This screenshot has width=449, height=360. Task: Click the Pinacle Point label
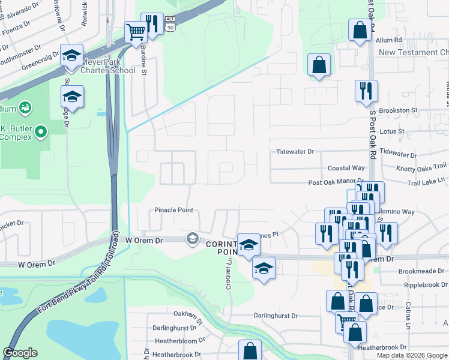pyautogui.click(x=173, y=211)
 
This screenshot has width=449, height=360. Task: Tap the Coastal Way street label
pyautogui.click(x=346, y=169)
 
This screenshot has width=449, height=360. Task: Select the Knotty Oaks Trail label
pyautogui.click(x=422, y=166)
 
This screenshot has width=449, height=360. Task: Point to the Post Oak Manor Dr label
pyautogui.click(x=336, y=181)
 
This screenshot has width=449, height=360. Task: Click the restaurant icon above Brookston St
pyautogui.click(x=366, y=90)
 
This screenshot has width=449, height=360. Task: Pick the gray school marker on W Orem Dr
pyautogui.click(x=192, y=239)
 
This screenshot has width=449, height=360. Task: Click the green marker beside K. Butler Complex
pyautogui.click(x=40, y=131)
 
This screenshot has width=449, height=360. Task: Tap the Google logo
pyautogui.click(x=20, y=353)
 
